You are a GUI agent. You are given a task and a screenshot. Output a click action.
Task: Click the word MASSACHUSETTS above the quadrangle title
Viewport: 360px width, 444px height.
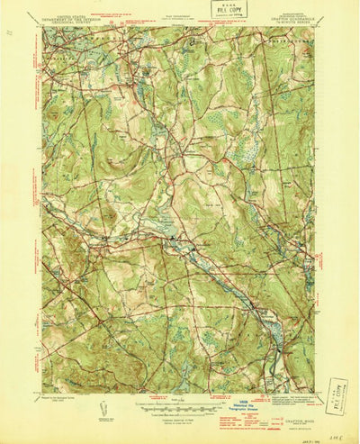coord(292,14)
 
